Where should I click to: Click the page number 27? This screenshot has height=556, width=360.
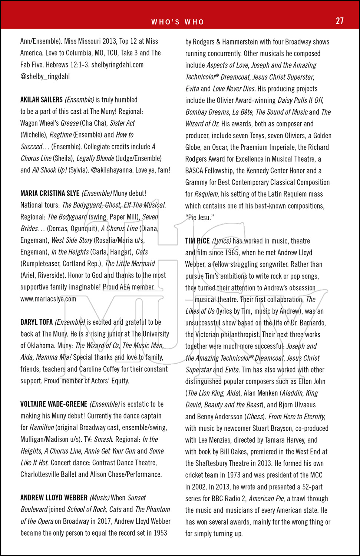[x=340, y=21]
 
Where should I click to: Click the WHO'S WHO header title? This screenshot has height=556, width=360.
[x=178, y=22]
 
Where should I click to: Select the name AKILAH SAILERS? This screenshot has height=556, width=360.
[x=42, y=100]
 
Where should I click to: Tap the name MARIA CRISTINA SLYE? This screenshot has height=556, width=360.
[x=50, y=193]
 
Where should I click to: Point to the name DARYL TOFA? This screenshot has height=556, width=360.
[x=36, y=322]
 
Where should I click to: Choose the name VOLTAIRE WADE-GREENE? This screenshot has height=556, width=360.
[x=54, y=404]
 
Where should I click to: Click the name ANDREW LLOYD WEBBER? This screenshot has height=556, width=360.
[x=54, y=498]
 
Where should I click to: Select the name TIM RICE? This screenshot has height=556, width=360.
[x=198, y=241]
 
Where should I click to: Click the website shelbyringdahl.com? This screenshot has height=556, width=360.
[x=118, y=65]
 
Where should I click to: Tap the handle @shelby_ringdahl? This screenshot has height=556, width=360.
[x=45, y=77]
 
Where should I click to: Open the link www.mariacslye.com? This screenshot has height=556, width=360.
[x=48, y=299]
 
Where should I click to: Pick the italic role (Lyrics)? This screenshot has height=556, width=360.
[x=222, y=241]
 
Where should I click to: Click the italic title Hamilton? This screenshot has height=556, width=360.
[x=42, y=428]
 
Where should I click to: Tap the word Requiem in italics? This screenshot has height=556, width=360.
[x=206, y=194]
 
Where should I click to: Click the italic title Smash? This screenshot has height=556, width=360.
[x=103, y=440]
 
